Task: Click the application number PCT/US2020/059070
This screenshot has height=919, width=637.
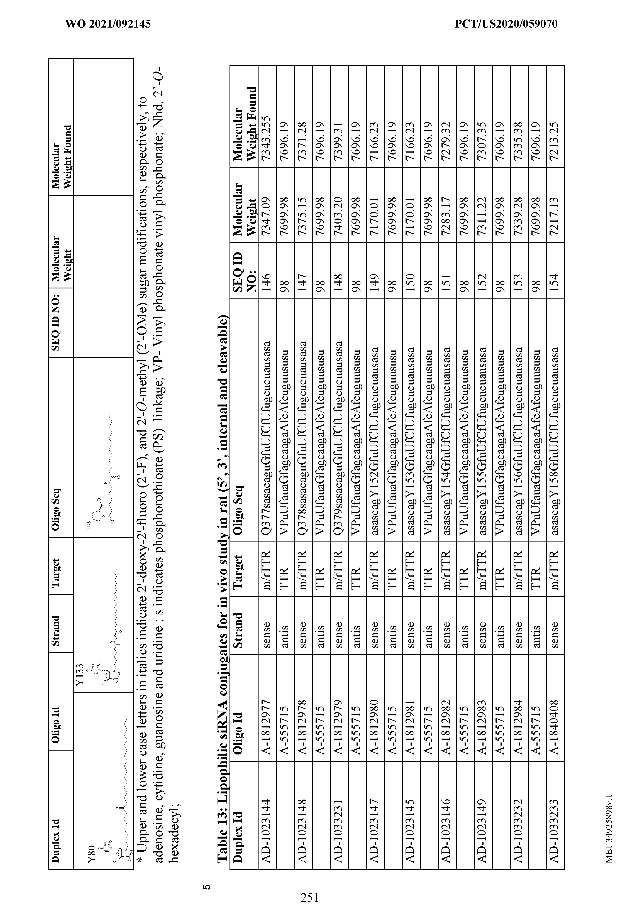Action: click(x=506, y=24)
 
